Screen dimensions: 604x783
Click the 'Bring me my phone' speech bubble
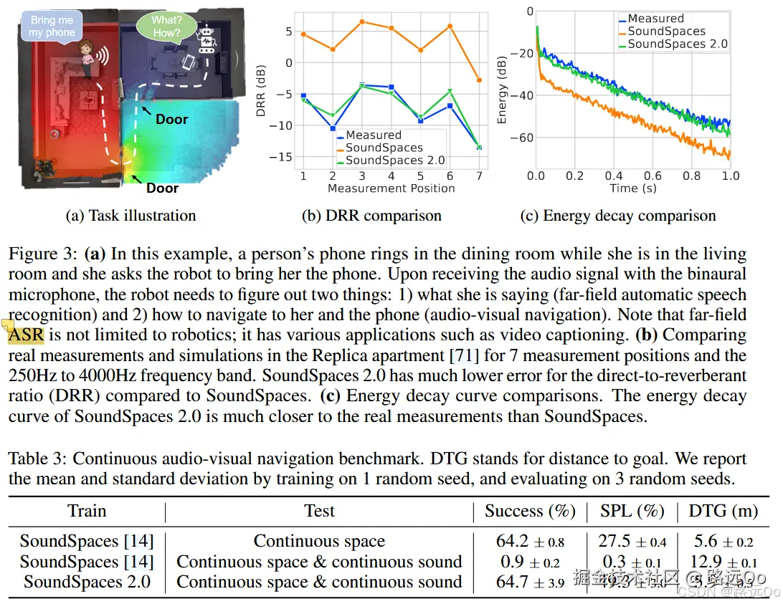[52, 27]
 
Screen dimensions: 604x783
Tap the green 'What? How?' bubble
[166, 27]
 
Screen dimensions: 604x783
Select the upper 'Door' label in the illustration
[171, 119]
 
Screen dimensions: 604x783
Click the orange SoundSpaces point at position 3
[362, 21]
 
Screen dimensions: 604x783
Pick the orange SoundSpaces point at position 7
[479, 80]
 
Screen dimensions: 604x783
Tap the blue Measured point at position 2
[333, 128]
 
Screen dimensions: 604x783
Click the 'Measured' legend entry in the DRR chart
[373, 135]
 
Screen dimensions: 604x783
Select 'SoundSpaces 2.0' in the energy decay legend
[677, 44]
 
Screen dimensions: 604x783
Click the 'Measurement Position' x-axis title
[391, 188]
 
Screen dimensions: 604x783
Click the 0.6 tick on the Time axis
[653, 176]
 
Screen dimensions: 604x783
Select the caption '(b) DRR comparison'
[371, 215]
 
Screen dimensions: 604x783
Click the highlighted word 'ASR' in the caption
[26, 335]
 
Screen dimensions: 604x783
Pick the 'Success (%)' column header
[530, 511]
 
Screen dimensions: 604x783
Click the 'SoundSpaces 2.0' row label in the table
[87, 582]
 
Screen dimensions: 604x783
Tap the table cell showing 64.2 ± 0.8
[530, 542]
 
